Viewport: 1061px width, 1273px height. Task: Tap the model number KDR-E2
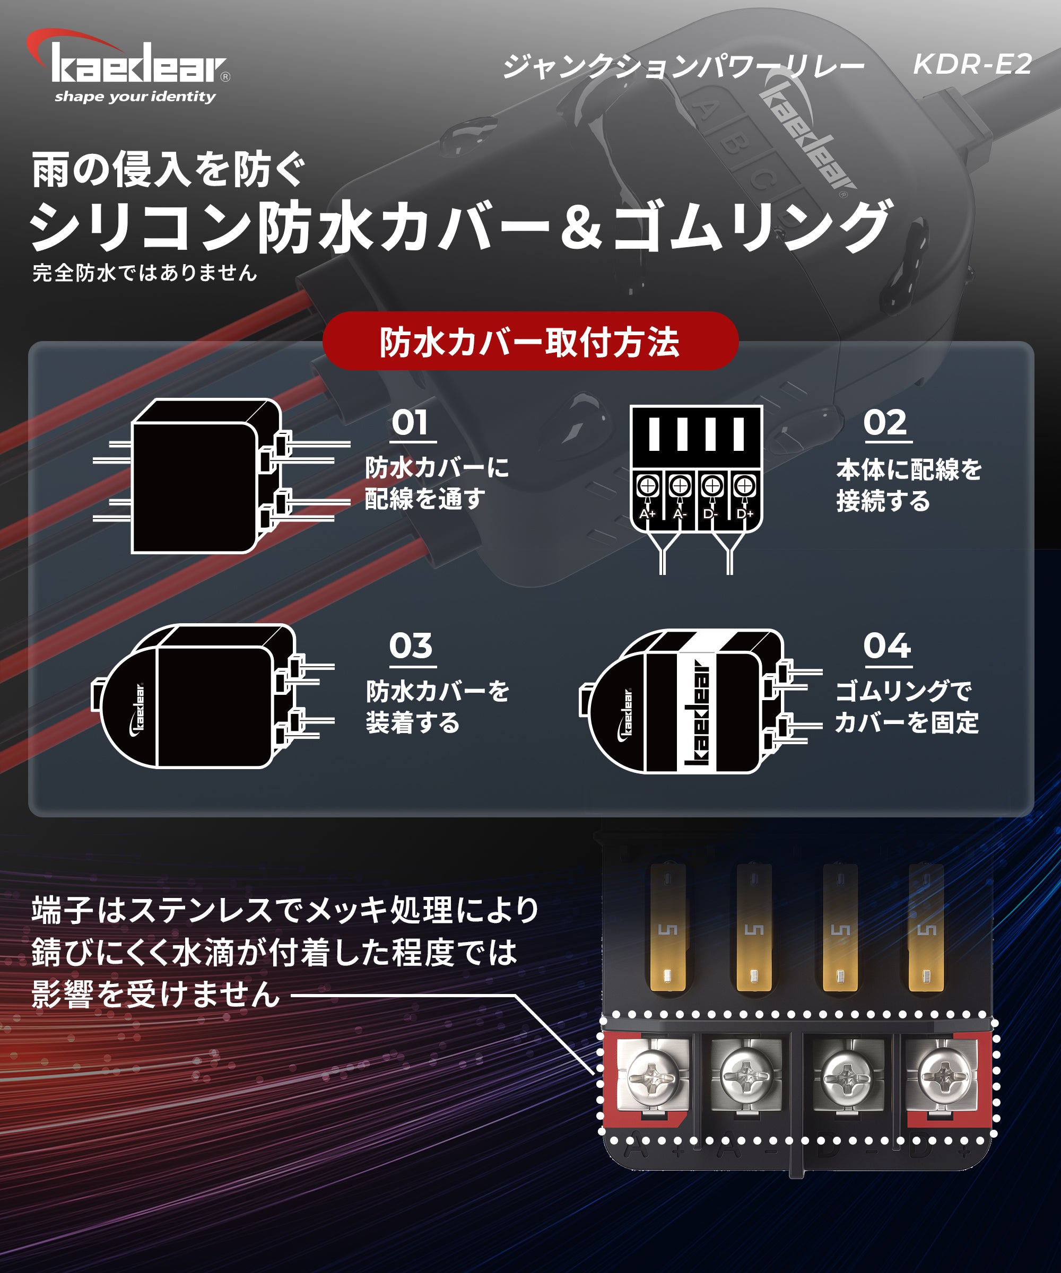tap(972, 64)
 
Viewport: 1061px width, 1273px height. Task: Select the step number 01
tap(411, 423)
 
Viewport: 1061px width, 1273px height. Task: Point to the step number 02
tap(885, 423)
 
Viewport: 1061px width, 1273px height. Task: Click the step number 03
tap(411, 646)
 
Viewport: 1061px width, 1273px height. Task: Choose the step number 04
tap(887, 646)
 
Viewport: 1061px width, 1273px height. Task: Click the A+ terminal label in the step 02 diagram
tap(648, 513)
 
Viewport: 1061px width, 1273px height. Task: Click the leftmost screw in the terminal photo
tap(652, 1077)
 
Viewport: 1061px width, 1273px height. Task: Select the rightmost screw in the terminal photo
tap(943, 1077)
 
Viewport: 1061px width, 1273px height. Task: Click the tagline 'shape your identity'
tap(135, 97)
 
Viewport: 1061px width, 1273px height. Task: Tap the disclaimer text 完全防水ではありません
tap(144, 273)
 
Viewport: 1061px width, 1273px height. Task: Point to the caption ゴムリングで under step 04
tap(903, 691)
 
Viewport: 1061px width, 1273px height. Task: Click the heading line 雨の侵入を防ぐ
tap(168, 170)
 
